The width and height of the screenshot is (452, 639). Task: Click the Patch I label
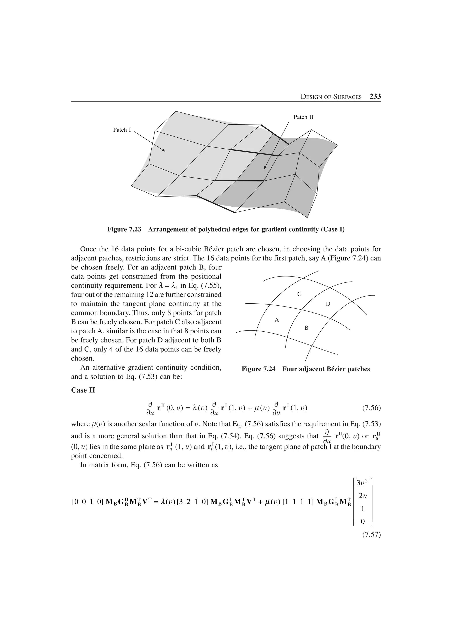tap(122, 130)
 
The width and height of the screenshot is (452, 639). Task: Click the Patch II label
tap(303, 117)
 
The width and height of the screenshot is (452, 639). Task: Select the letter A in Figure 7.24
tap(277, 320)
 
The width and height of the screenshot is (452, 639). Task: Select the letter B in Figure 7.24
tap(306, 328)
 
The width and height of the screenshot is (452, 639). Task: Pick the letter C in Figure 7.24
tap(299, 294)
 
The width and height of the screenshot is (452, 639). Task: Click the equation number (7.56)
tap(371, 408)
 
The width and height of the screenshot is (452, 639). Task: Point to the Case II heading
tap(83, 390)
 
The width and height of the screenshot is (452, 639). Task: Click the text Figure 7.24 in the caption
tap(258, 369)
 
